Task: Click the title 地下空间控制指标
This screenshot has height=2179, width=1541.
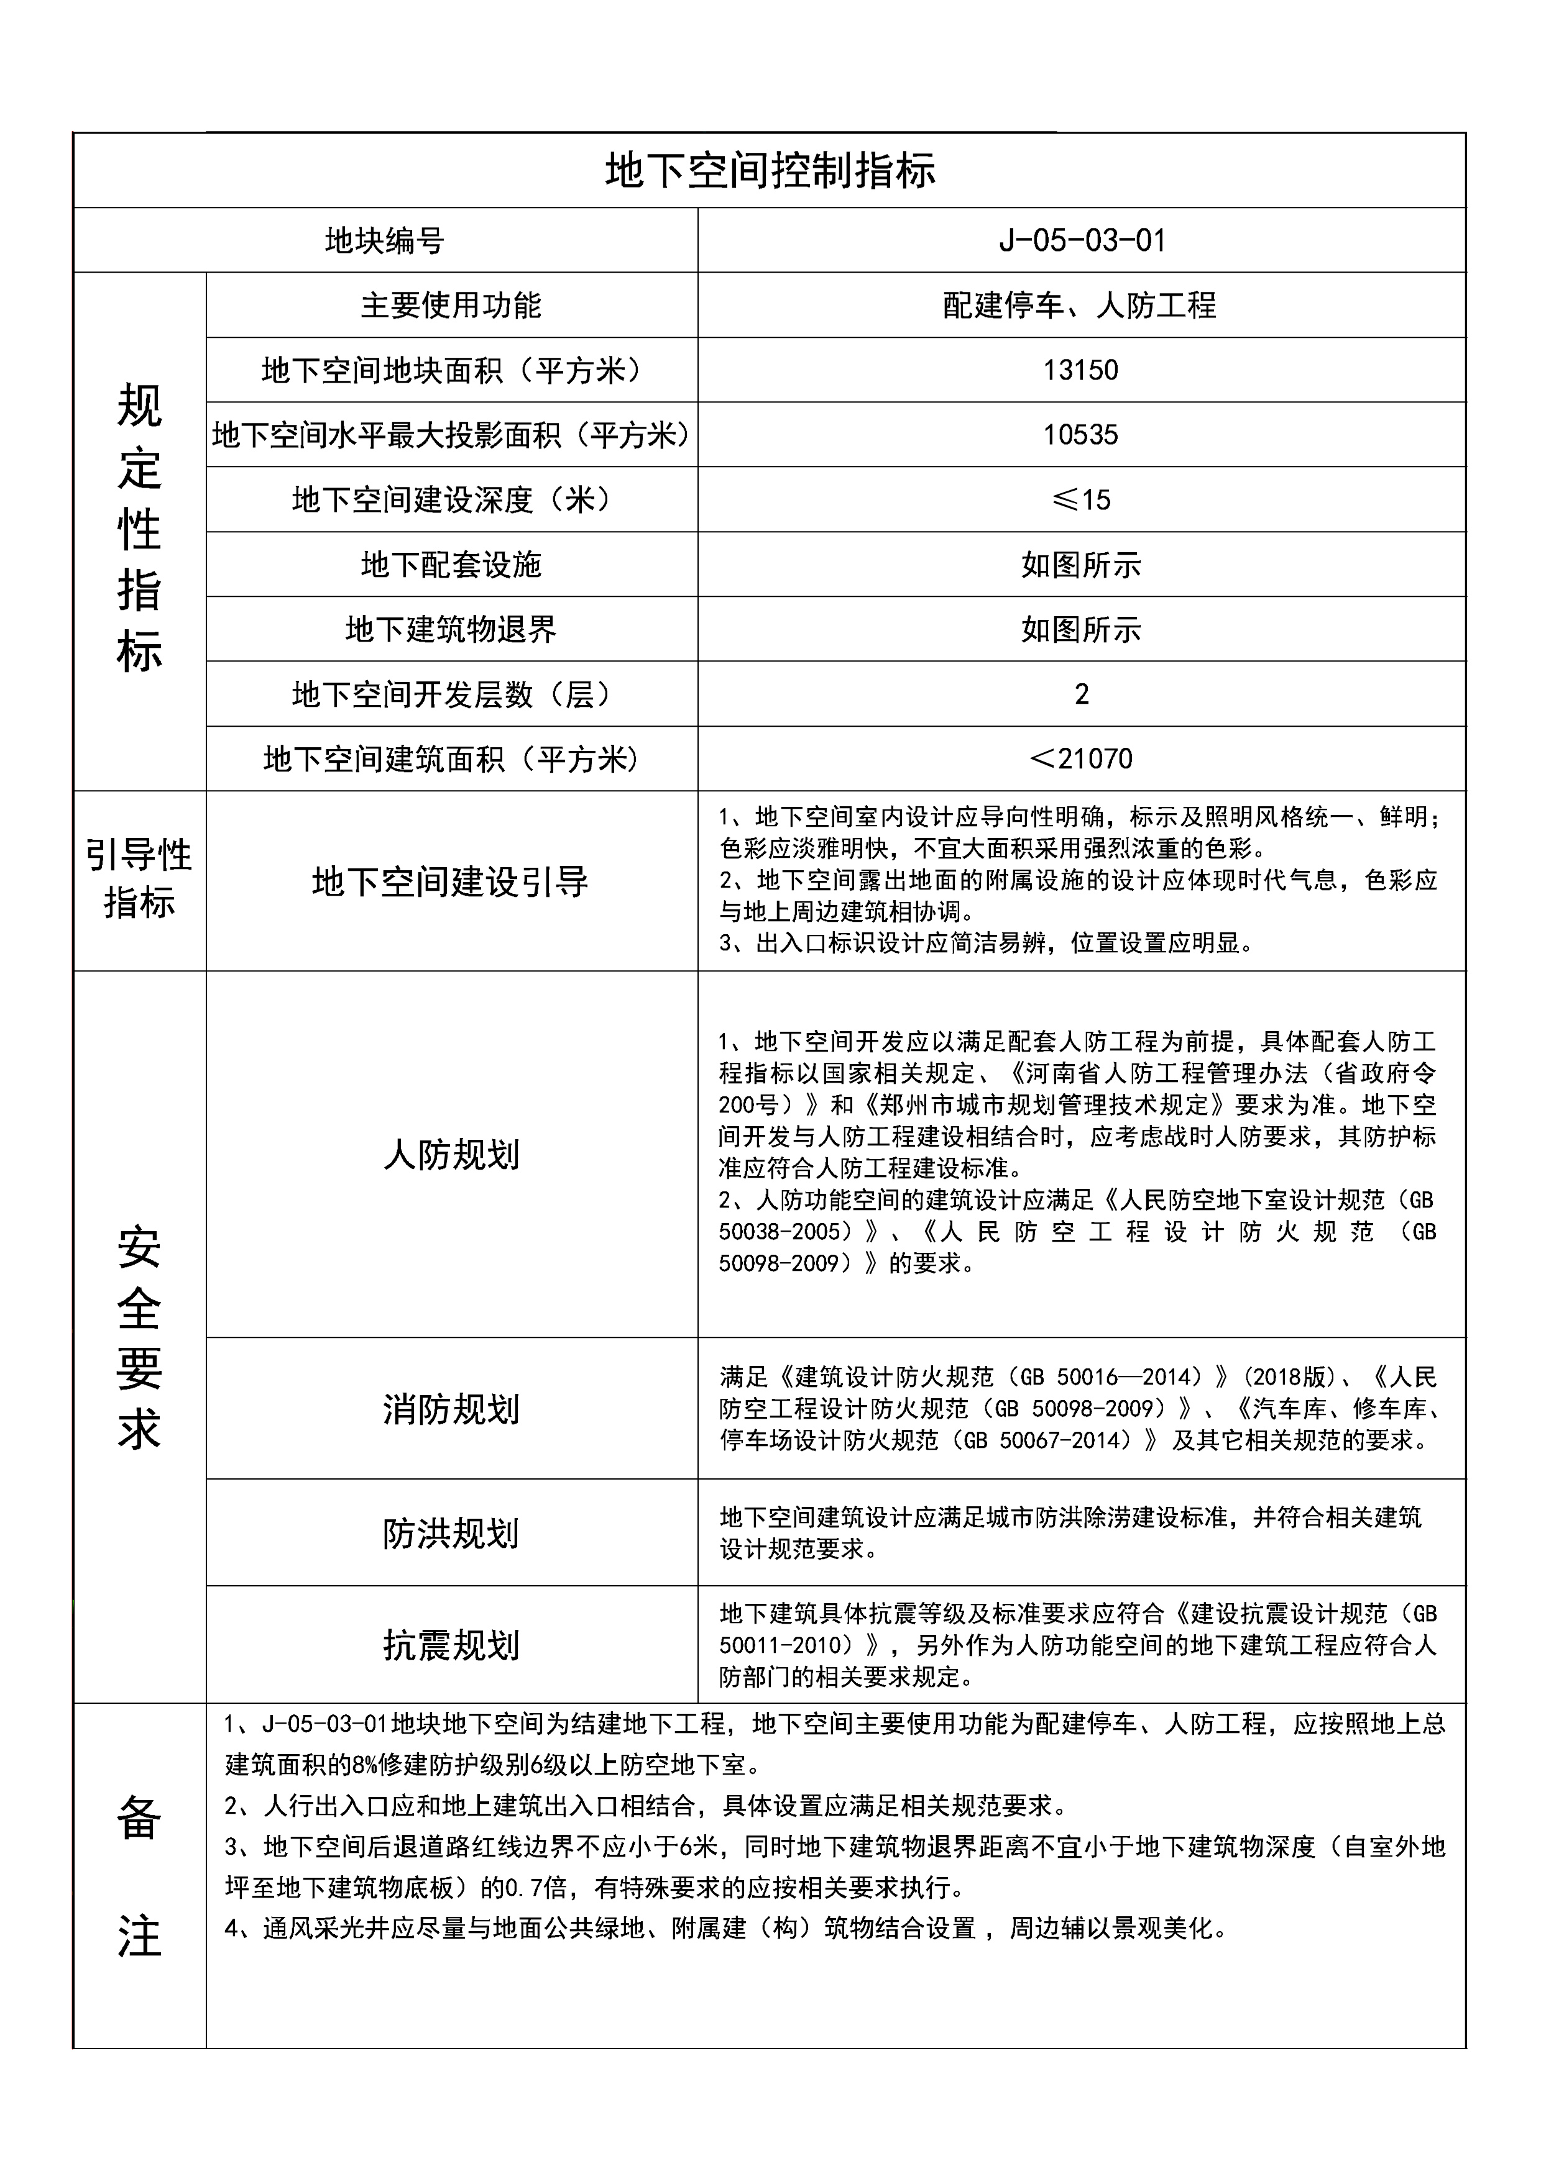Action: pos(770,171)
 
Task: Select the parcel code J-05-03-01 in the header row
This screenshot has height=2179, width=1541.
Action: pos(1082,240)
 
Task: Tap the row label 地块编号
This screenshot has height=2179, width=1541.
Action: pos(385,241)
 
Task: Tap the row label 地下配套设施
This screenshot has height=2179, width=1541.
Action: pos(451,565)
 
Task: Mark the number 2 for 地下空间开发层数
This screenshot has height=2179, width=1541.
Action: pos(1082,694)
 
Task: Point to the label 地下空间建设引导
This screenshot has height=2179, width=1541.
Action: pos(451,881)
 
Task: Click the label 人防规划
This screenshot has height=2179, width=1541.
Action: pos(451,1155)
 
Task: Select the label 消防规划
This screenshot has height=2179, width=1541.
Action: pos(451,1409)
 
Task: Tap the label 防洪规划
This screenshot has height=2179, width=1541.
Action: pos(451,1533)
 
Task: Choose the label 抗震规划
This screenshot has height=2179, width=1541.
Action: pos(451,1645)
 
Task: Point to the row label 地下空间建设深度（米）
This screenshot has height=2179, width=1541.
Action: pos(451,499)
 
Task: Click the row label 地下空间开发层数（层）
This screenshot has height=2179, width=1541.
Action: pos(451,694)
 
